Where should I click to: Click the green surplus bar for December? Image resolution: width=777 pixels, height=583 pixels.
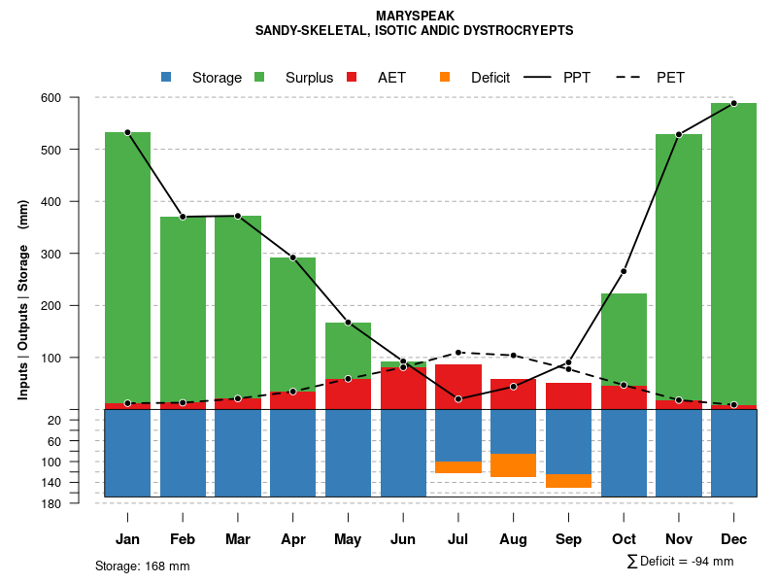tap(733, 253)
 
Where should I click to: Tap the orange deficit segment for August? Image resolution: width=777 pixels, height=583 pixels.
tap(513, 465)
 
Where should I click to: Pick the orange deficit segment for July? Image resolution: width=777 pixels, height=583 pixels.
tap(458, 467)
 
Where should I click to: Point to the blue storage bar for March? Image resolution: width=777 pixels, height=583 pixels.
tap(238, 453)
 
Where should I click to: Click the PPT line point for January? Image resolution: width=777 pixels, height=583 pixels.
tap(127, 132)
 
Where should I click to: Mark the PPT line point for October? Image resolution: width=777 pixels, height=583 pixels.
tap(624, 271)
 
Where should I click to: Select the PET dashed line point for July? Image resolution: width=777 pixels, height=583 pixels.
tap(458, 353)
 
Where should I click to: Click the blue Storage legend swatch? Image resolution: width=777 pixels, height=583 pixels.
tap(166, 78)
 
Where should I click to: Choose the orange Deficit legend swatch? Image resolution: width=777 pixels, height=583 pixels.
tap(445, 78)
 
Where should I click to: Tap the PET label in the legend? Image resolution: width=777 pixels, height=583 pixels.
tap(670, 78)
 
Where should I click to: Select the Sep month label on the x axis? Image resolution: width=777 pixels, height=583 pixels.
tap(568, 539)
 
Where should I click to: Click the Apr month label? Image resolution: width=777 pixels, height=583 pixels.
tap(293, 539)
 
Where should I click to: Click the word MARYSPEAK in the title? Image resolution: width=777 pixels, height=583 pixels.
tap(414, 17)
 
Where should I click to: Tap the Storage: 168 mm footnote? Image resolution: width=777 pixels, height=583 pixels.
tap(143, 566)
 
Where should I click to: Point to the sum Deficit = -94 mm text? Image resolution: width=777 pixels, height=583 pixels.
tap(681, 562)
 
